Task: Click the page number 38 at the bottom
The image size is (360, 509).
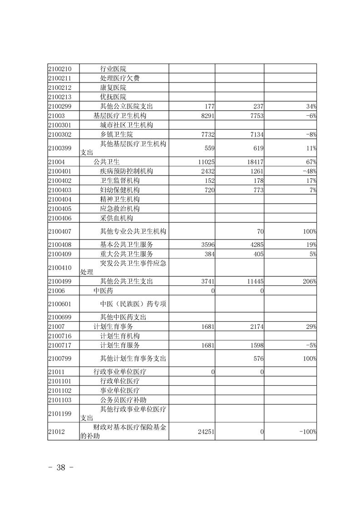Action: click(61, 468)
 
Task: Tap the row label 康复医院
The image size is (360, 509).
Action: click(113, 88)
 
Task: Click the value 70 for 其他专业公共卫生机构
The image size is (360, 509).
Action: click(260, 231)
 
